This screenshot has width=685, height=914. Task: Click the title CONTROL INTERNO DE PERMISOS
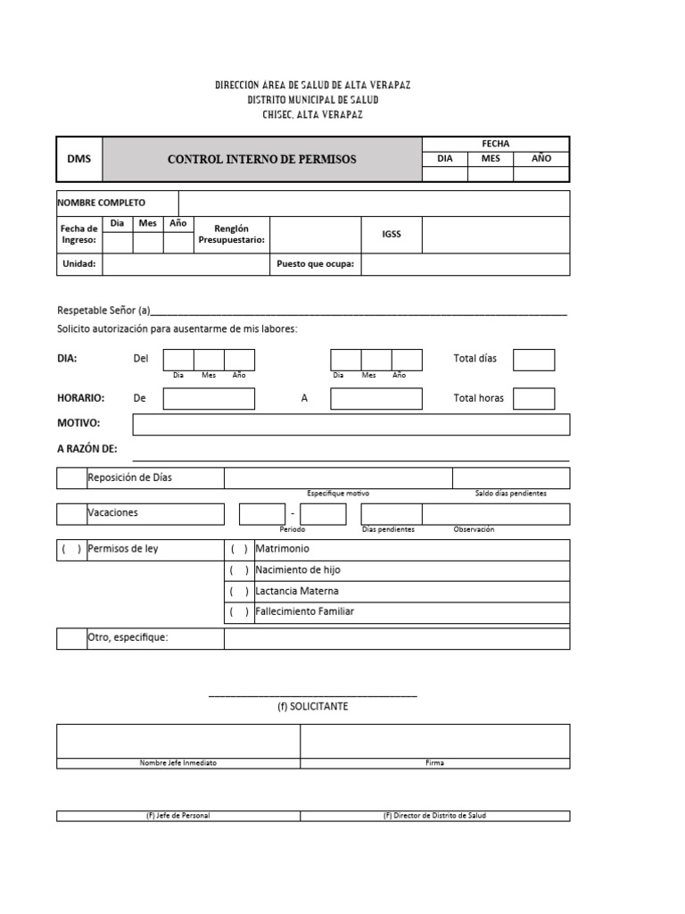coord(261,159)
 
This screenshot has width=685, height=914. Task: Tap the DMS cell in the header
coord(79,159)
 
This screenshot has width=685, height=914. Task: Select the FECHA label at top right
coord(495,144)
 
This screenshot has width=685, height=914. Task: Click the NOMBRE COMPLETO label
coord(102,203)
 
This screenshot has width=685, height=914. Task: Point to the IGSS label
coord(392,234)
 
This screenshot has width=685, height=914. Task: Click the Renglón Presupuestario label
coord(231,234)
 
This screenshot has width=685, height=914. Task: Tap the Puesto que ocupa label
coord(315,264)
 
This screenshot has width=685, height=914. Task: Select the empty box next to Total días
coord(533,359)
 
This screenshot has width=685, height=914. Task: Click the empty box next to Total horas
coord(533,398)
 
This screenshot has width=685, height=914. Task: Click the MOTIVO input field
coord(351,424)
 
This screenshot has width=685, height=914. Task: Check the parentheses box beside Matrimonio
coord(239,549)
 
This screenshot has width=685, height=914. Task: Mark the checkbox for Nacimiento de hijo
coord(239,570)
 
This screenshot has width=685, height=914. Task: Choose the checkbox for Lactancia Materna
coord(239,592)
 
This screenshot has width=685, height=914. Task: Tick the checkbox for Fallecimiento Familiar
coord(239,612)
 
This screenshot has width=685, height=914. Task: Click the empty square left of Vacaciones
coord(71,514)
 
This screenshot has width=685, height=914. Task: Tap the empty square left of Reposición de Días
coord(71,478)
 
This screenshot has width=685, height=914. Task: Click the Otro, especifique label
coord(128,637)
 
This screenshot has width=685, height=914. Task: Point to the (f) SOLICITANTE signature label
coord(312,706)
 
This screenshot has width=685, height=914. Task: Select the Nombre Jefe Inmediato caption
coord(178,763)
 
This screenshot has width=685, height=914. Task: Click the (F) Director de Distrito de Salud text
coord(434,816)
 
